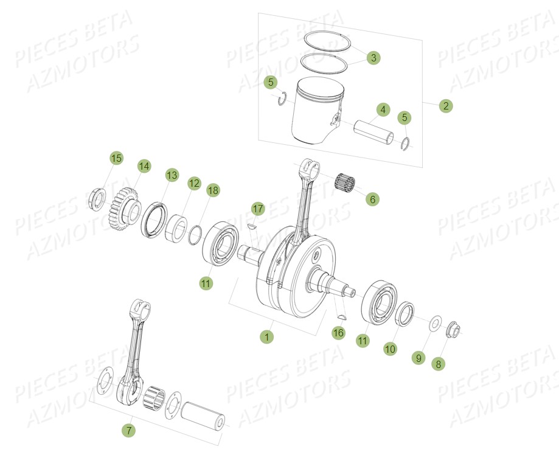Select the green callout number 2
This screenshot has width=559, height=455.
coord(446,106)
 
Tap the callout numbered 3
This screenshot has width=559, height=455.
coord(373,58)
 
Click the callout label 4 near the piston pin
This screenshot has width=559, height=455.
coord(382,110)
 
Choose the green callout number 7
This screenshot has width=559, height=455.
coord(128,431)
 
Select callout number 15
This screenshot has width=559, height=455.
coord(116,158)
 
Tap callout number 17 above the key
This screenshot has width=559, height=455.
coord(258,209)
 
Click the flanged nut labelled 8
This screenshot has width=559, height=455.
coord(453,330)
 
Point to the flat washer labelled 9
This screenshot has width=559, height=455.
coord(436,323)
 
